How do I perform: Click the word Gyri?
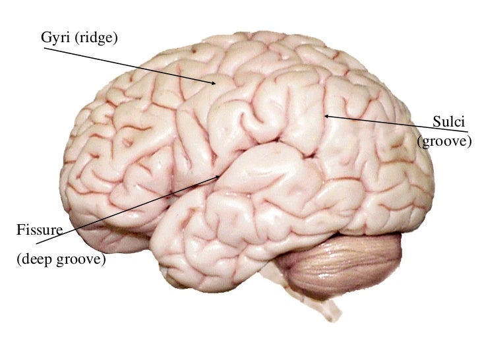click(56, 39)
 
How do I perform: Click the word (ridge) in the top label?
click(96, 39)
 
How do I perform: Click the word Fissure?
click(39, 230)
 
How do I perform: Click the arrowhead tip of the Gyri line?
click(216, 84)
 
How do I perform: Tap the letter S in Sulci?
click(436, 121)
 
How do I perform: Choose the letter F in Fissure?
click(20, 230)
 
